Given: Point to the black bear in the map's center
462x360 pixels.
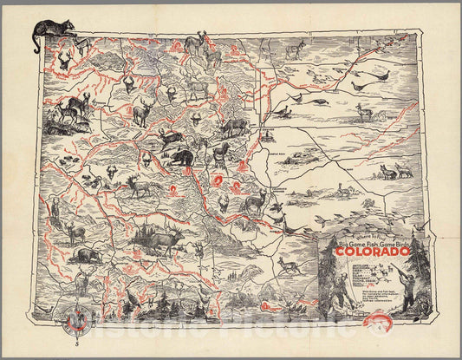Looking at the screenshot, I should click(181, 159).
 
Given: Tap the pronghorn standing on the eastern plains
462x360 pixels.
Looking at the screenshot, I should click(364, 113).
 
